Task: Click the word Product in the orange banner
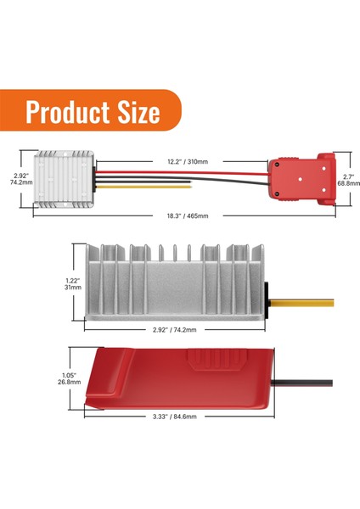tap(70, 113)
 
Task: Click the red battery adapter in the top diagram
tap(301, 176)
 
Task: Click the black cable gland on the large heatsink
tap(267, 298)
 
